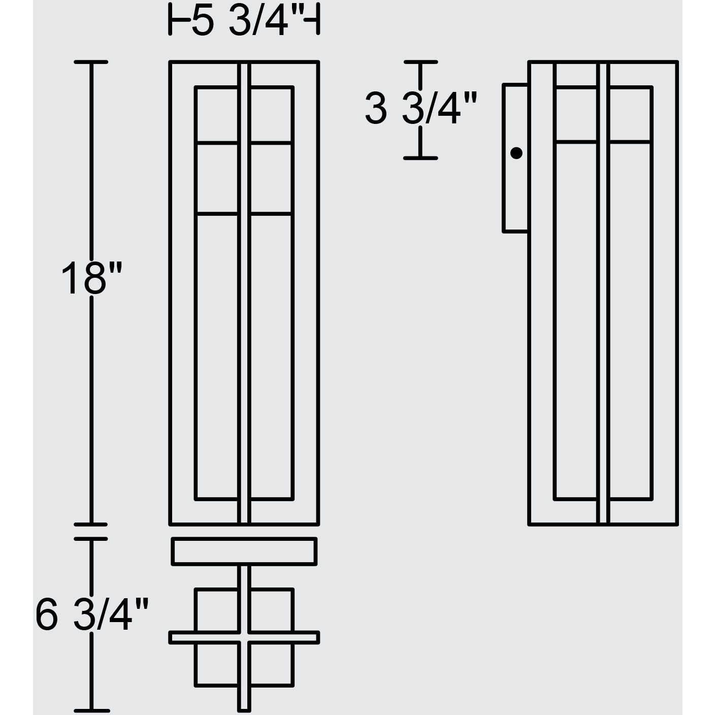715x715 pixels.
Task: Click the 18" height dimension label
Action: tap(91, 279)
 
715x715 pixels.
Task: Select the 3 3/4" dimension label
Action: tap(421, 109)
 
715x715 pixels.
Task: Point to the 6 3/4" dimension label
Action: tap(91, 614)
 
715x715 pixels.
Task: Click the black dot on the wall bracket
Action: tap(516, 153)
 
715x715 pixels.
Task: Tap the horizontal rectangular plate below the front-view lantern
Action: tap(244, 551)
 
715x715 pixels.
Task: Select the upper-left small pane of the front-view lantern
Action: tap(217, 115)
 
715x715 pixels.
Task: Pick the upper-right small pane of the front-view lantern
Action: tap(272, 115)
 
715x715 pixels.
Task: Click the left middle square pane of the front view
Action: tap(217, 179)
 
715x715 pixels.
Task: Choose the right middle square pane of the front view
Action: tap(272, 179)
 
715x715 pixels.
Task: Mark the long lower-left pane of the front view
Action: tap(217, 355)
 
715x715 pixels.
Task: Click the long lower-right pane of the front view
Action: tap(272, 355)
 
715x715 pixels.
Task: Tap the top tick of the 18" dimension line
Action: tap(91, 62)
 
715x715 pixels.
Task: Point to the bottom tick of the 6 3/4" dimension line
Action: tap(91, 710)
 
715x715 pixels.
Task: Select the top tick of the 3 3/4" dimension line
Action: tap(420, 61)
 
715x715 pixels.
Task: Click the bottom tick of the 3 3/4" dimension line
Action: tap(420, 158)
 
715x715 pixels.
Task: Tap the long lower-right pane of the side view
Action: tap(630, 320)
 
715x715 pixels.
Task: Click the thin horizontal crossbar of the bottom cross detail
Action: tap(244, 637)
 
